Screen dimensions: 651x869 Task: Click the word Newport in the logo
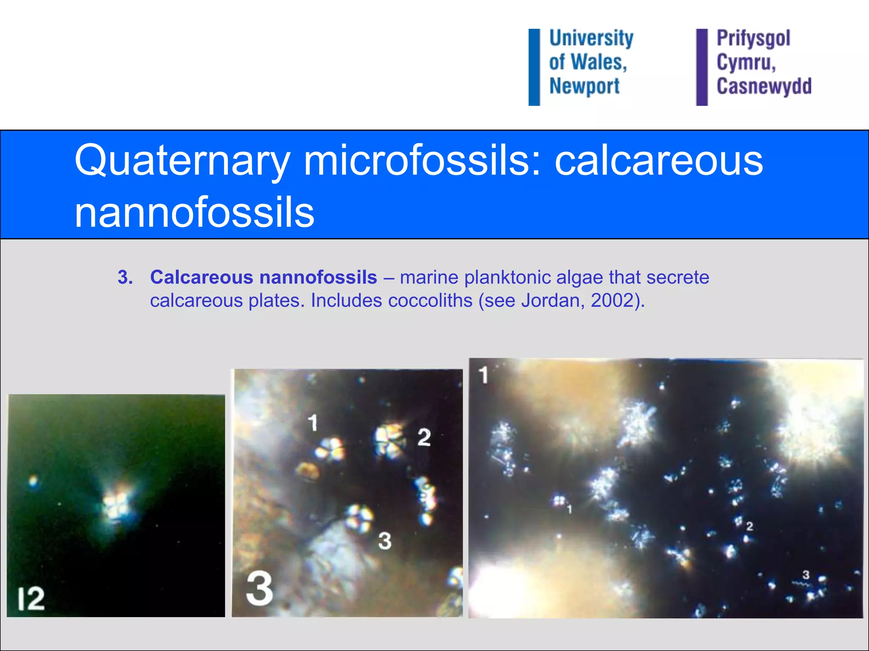584,86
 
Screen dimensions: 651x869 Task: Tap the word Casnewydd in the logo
764,86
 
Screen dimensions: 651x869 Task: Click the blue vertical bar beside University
534,67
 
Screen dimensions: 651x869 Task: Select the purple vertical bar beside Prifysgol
702,67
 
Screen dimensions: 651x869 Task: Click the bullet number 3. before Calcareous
125,278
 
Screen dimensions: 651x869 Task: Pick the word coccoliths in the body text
430,300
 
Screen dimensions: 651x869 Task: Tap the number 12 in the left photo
31,599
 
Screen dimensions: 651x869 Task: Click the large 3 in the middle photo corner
259,588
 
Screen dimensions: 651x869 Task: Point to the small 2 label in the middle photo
424,437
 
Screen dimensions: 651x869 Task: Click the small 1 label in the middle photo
313,423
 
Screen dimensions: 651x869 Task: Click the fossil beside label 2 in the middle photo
390,441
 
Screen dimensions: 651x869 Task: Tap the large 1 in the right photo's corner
483,375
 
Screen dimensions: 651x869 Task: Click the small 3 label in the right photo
806,575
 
